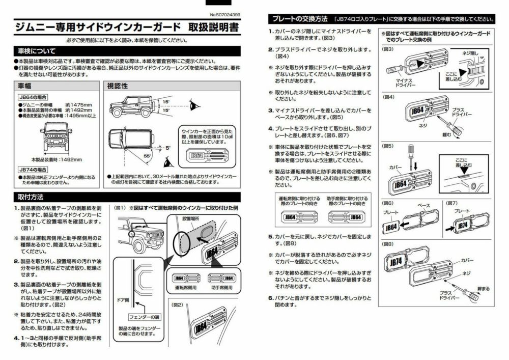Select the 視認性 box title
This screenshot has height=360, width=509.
pyautogui.click(x=118, y=87)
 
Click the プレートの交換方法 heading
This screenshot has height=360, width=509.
pyautogui.click(x=300, y=19)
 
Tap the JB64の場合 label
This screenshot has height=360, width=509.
pyautogui.click(x=33, y=97)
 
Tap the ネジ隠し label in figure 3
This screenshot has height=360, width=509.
pyautogui.click(x=471, y=52)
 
